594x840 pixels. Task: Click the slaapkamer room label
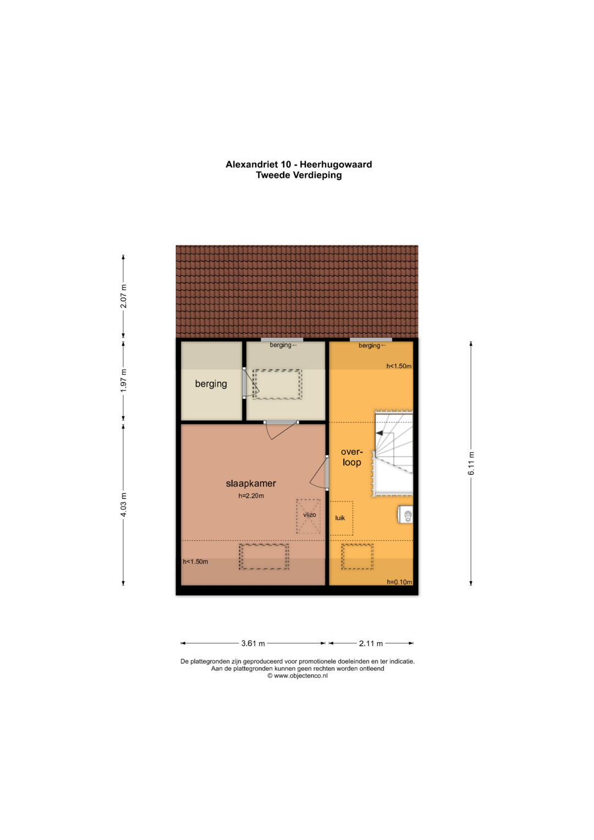point(250,484)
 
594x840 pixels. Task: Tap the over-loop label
point(352,457)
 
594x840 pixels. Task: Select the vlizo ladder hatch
point(309,516)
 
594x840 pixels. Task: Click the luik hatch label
point(340,518)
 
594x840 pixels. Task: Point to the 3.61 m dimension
point(253,644)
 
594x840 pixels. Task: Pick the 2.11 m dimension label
point(371,644)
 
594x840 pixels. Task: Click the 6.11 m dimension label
point(471,464)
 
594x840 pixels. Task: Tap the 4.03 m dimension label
point(123,505)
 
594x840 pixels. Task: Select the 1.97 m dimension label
point(123,381)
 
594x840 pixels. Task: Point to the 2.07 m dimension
point(123,297)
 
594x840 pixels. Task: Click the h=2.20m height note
point(251,496)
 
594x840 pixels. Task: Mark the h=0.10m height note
point(399,582)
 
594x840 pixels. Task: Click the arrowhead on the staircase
point(380,433)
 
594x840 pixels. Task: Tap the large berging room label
point(211,383)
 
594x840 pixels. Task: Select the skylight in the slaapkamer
point(264,557)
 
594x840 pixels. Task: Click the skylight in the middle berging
point(277,385)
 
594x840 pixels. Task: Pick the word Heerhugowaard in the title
point(335,164)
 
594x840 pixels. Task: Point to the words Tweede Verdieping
point(299,175)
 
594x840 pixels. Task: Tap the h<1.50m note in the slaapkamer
point(195,561)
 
